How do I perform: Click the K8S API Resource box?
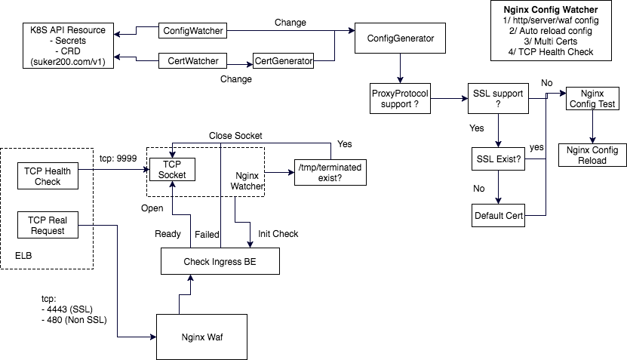(x=66, y=45)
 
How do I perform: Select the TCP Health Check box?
(x=47, y=176)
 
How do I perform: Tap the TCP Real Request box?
(x=47, y=225)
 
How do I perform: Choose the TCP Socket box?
(x=173, y=169)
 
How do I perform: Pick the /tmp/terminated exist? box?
(x=330, y=173)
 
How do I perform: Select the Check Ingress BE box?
(x=220, y=261)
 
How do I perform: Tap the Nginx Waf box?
(x=202, y=336)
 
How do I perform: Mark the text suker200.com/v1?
(x=66, y=61)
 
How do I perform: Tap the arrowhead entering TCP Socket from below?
(x=173, y=185)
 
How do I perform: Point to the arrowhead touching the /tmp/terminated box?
(x=291, y=173)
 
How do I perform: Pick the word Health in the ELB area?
(x=57, y=171)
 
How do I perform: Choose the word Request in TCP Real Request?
(x=47, y=230)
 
